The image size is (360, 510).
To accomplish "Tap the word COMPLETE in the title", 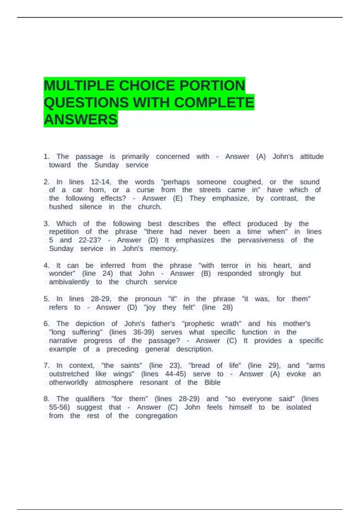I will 214,103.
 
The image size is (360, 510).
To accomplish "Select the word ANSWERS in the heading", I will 81,119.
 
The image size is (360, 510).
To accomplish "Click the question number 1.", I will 46,157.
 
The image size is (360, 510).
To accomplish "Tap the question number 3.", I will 46,224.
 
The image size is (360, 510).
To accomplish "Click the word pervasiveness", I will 261,240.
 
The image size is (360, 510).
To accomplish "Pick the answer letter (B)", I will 206,273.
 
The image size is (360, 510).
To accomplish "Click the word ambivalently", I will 69,282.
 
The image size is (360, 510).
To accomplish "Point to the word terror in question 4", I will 229,265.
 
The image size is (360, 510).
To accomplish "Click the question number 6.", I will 46,324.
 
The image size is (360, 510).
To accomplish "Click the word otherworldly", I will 68,382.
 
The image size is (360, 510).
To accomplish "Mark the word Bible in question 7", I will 212,382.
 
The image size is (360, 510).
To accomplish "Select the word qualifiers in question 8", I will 90,399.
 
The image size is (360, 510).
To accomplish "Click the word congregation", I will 156,416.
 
